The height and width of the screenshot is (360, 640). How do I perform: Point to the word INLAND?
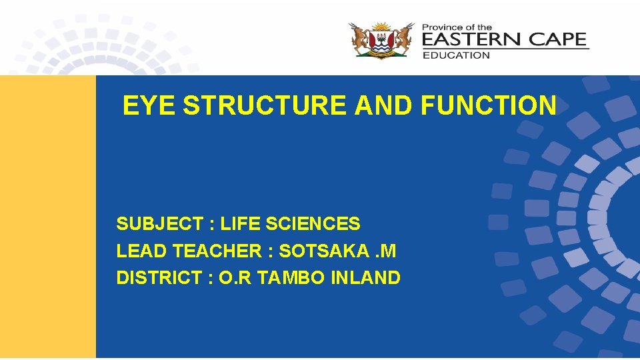(366, 278)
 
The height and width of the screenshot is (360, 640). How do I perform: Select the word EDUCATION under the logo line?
(456, 55)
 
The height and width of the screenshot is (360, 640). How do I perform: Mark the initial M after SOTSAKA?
(387, 251)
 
